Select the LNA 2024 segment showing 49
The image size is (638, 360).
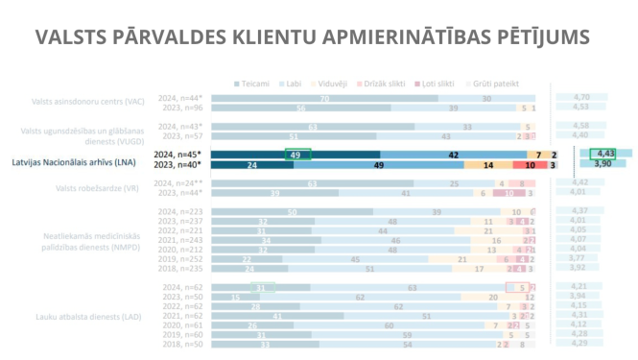point(295,154)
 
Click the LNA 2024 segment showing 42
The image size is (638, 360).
point(453,154)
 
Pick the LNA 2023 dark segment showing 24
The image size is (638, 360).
point(252,165)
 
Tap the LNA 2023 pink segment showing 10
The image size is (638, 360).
point(530,165)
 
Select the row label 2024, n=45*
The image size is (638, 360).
point(181,154)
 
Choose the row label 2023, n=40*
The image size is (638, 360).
point(181,165)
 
